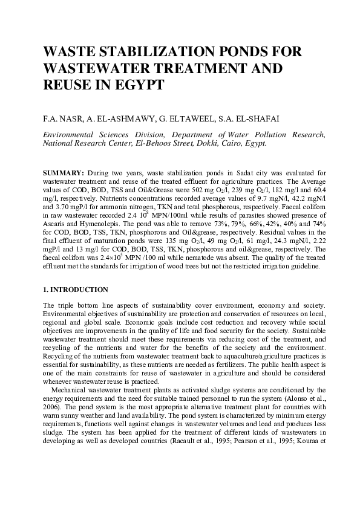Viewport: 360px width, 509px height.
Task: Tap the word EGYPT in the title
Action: (x=140, y=85)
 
